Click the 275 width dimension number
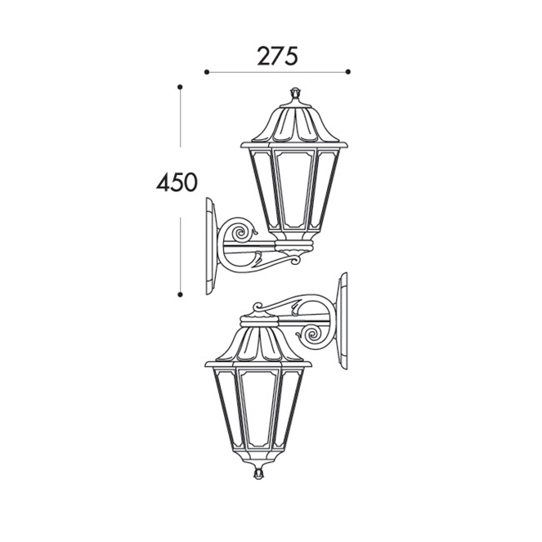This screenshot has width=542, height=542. point(278,56)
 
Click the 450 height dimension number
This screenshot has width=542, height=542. point(177,182)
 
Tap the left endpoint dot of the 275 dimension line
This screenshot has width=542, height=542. point(207,72)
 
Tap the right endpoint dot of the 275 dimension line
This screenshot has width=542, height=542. point(348,72)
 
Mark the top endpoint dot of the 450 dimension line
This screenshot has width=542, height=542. point(180,87)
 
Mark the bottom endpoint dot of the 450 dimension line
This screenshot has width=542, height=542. point(180,294)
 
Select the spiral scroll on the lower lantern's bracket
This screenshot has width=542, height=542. point(313,334)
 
